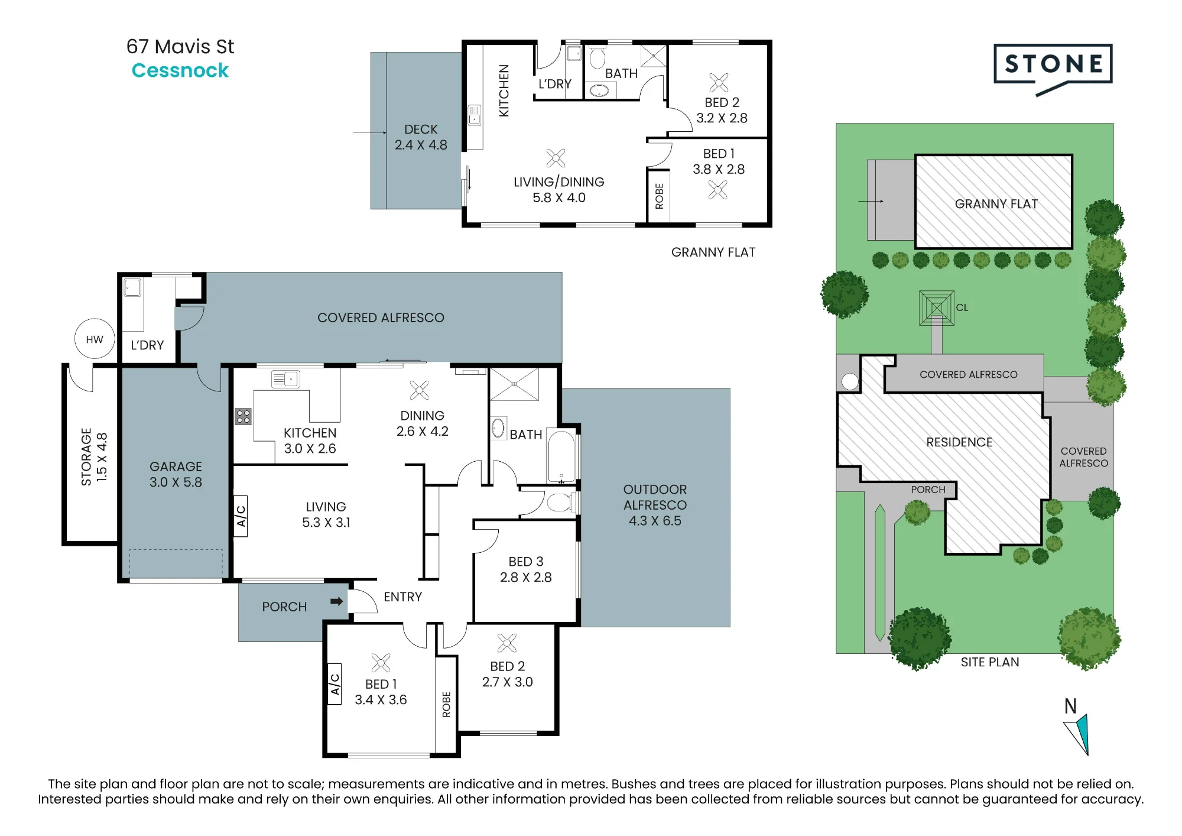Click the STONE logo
(1053, 69)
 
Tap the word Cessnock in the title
(180, 70)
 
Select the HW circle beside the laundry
(95, 339)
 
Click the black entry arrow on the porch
(336, 601)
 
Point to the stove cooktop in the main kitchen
(243, 416)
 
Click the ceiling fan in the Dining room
(419, 390)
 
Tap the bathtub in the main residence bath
(561, 456)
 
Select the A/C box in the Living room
(241, 516)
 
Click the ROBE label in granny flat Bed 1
(660, 196)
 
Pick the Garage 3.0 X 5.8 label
(176, 474)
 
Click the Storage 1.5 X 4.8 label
(94, 457)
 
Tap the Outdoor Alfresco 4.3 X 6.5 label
(655, 505)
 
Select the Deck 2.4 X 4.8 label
(421, 137)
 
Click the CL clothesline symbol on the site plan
(936, 308)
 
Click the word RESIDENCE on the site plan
(959, 442)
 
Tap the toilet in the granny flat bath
(598, 57)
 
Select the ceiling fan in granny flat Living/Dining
(556, 158)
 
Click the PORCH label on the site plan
(928, 490)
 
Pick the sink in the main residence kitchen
(285, 378)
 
